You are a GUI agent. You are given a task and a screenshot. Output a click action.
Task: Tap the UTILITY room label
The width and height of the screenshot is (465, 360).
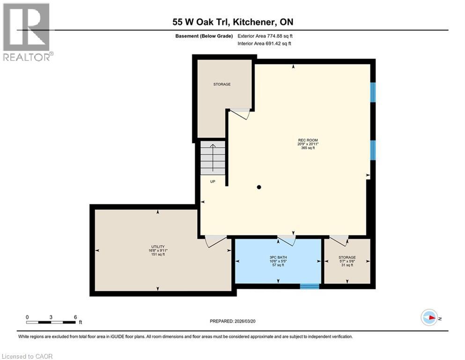(157, 247)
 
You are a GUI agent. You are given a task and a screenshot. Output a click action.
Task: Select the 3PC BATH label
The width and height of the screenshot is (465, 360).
(278, 257)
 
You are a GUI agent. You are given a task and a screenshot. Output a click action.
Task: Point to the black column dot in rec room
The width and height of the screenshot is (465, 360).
(259, 187)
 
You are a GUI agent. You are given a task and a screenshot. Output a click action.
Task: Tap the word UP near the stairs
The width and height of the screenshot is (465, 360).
(212, 181)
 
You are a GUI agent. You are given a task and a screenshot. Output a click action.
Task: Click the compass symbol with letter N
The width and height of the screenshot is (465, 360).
(429, 317)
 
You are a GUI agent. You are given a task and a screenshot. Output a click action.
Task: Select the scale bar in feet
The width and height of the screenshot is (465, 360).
(51, 322)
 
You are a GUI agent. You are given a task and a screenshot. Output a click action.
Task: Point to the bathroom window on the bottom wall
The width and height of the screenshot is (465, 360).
(309, 286)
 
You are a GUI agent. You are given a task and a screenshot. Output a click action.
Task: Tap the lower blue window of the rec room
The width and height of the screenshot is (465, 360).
(373, 150)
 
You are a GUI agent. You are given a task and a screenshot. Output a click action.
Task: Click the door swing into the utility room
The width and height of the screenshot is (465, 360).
(215, 241)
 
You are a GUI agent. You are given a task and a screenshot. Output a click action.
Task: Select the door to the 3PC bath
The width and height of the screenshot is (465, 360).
(287, 240)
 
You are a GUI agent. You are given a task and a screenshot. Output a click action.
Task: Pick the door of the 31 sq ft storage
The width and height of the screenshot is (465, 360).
(339, 240)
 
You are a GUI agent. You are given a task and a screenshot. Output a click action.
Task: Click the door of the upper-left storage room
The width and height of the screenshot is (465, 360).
(241, 113)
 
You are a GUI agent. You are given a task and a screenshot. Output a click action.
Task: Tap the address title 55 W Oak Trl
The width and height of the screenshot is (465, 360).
(232, 22)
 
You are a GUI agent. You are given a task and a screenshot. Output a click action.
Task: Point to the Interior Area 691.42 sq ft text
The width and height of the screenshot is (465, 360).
(265, 44)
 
